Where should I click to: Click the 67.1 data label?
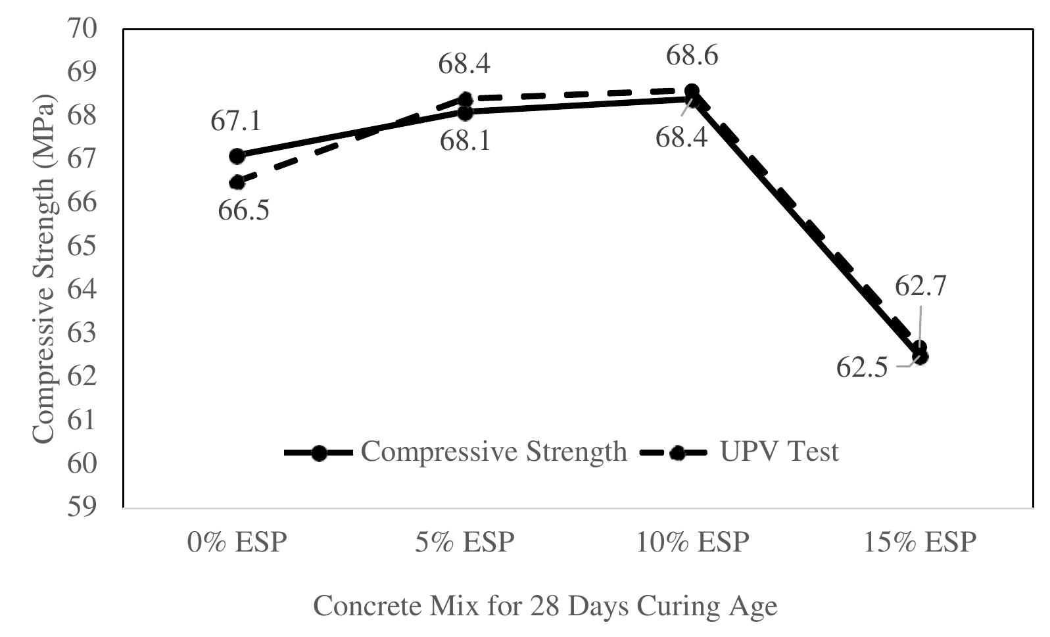tap(236, 122)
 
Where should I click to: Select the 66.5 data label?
tap(244, 212)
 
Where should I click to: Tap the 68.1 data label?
tap(465, 141)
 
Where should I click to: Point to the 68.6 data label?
tap(692, 56)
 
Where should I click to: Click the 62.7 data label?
tap(920, 287)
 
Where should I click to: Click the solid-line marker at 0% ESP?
tap(237, 156)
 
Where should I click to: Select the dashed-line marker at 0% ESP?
tap(237, 182)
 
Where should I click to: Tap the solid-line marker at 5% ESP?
tap(465, 112)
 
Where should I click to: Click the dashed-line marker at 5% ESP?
tap(465, 100)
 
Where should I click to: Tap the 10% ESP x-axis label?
tap(692, 543)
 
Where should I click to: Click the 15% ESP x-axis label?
tap(920, 543)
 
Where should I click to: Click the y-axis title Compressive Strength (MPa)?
tap(43, 269)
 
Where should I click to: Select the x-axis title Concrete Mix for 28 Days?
tap(545, 605)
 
